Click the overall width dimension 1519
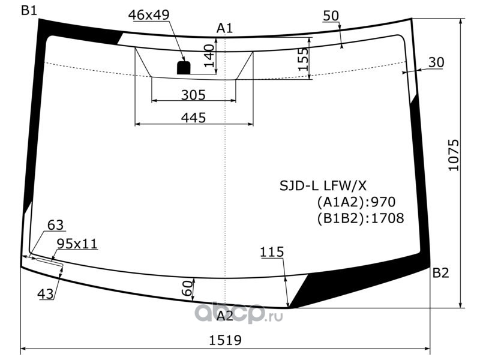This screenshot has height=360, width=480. [225, 340]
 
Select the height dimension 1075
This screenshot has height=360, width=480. [454, 155]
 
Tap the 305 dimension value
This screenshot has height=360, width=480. [193, 95]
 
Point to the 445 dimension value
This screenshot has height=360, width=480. [193, 118]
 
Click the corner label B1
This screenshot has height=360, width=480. [29, 11]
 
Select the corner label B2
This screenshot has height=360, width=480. [440, 273]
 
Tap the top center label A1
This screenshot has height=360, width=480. [224, 28]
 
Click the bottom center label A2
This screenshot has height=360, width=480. [225, 316]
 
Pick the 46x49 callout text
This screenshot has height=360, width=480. [149, 14]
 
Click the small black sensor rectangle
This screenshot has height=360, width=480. [184, 68]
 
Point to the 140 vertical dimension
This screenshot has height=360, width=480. [209, 55]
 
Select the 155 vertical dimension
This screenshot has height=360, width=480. [303, 59]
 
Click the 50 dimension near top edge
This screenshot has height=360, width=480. [331, 16]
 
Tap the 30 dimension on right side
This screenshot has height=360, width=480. [436, 62]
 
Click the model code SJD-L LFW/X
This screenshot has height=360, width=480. [323, 185]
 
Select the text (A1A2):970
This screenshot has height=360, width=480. [356, 202]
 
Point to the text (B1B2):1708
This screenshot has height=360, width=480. [361, 218]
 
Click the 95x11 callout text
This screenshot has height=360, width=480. [77, 244]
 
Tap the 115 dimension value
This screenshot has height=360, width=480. [272, 252]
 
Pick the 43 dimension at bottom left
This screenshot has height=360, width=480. [46, 294]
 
